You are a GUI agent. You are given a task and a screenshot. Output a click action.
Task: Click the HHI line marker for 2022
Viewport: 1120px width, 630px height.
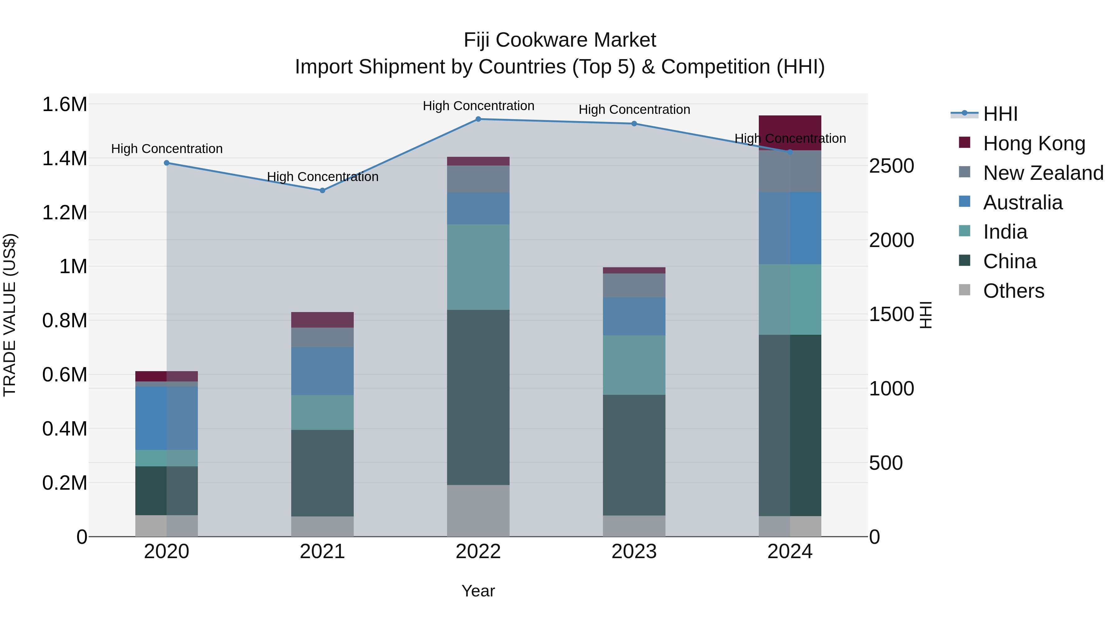[x=478, y=119]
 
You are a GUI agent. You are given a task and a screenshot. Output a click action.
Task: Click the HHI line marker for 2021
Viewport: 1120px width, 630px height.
[x=322, y=190]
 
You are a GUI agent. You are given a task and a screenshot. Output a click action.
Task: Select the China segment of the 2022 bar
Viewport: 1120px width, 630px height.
[x=478, y=397]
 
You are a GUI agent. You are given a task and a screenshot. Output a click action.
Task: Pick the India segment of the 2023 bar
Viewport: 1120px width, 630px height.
[x=634, y=365]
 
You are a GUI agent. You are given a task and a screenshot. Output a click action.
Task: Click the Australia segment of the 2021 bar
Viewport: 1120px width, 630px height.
[x=322, y=371]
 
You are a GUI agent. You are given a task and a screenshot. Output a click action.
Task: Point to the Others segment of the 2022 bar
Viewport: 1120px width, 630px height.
[x=478, y=511]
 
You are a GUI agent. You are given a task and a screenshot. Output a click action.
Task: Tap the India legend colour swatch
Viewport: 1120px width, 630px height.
[x=964, y=231]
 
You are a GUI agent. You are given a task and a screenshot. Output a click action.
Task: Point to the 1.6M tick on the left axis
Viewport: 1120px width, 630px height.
[x=64, y=105]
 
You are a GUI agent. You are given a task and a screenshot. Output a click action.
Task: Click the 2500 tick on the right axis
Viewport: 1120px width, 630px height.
[x=891, y=166]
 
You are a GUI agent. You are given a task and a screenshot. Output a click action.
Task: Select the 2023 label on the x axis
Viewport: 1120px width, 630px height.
[x=634, y=552]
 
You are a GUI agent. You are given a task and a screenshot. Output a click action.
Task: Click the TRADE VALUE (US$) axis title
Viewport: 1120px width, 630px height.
[x=10, y=315]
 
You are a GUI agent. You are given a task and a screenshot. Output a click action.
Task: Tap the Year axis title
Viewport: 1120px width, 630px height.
[x=478, y=591]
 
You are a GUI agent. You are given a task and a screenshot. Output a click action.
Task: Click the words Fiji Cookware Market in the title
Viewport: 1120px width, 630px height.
[x=560, y=40]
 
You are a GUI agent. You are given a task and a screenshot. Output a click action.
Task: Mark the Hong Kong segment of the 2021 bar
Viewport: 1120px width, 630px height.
[x=322, y=320]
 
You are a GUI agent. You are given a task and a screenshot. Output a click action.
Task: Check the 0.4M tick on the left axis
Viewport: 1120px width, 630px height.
[x=64, y=429]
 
